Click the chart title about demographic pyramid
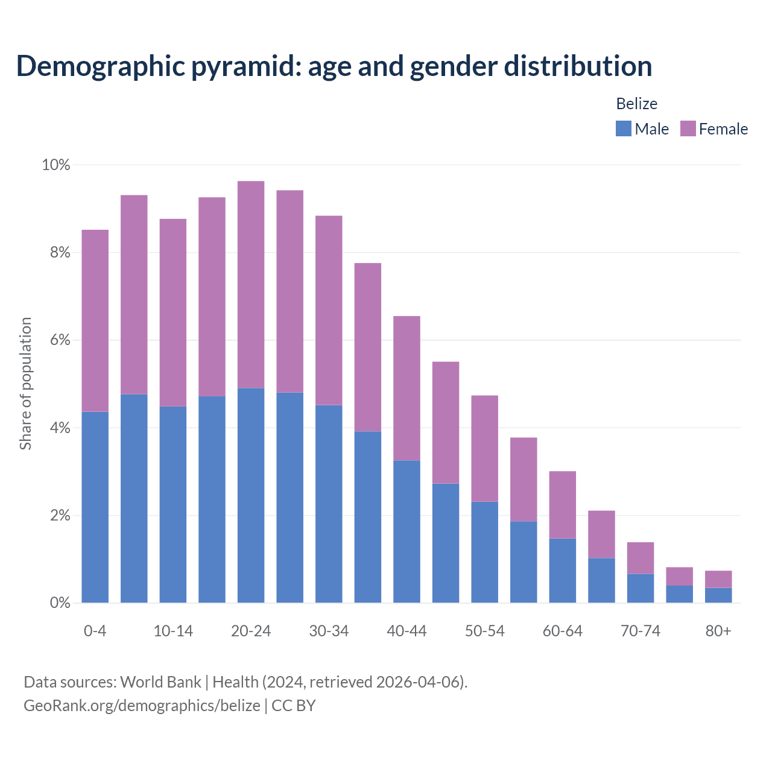pos(334,66)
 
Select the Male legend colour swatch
pos(623,128)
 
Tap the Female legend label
pos(723,129)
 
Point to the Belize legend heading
pos(636,104)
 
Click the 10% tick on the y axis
pos(56,165)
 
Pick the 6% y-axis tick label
pos(60,340)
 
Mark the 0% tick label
pos(60,603)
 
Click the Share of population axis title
pos(26,384)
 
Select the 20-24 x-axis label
pos(251,631)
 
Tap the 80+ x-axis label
pos(718,631)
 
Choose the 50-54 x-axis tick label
pos(484,631)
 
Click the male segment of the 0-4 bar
pos(95,507)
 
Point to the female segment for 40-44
pos(407,388)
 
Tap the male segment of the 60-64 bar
pos(562,570)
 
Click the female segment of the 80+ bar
pos(718,579)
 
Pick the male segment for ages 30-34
pos(329,504)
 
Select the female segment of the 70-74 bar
pos(641,558)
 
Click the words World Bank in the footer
pos(160,682)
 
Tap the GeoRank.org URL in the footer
pos(142,705)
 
